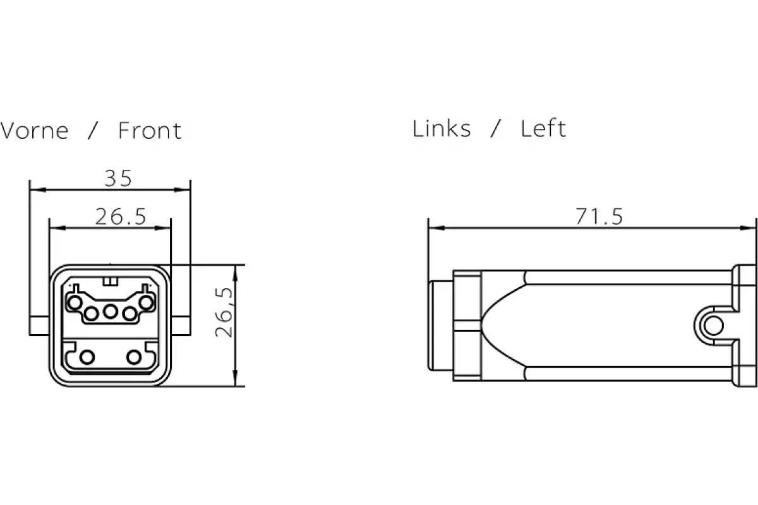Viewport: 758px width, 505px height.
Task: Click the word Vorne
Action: tap(34, 131)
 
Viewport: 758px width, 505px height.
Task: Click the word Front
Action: tap(150, 131)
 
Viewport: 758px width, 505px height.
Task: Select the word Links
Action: tap(442, 129)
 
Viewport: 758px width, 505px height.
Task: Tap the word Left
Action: tap(543, 129)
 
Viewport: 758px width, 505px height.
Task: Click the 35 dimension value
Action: tap(118, 178)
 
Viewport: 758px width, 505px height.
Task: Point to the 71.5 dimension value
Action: tap(599, 217)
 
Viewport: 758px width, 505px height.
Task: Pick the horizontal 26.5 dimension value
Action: tap(121, 217)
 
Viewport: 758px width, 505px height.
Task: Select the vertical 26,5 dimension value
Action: tap(224, 312)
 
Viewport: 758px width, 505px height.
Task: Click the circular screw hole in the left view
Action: tap(713, 326)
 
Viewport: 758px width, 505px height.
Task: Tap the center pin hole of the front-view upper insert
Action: tap(111, 311)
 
